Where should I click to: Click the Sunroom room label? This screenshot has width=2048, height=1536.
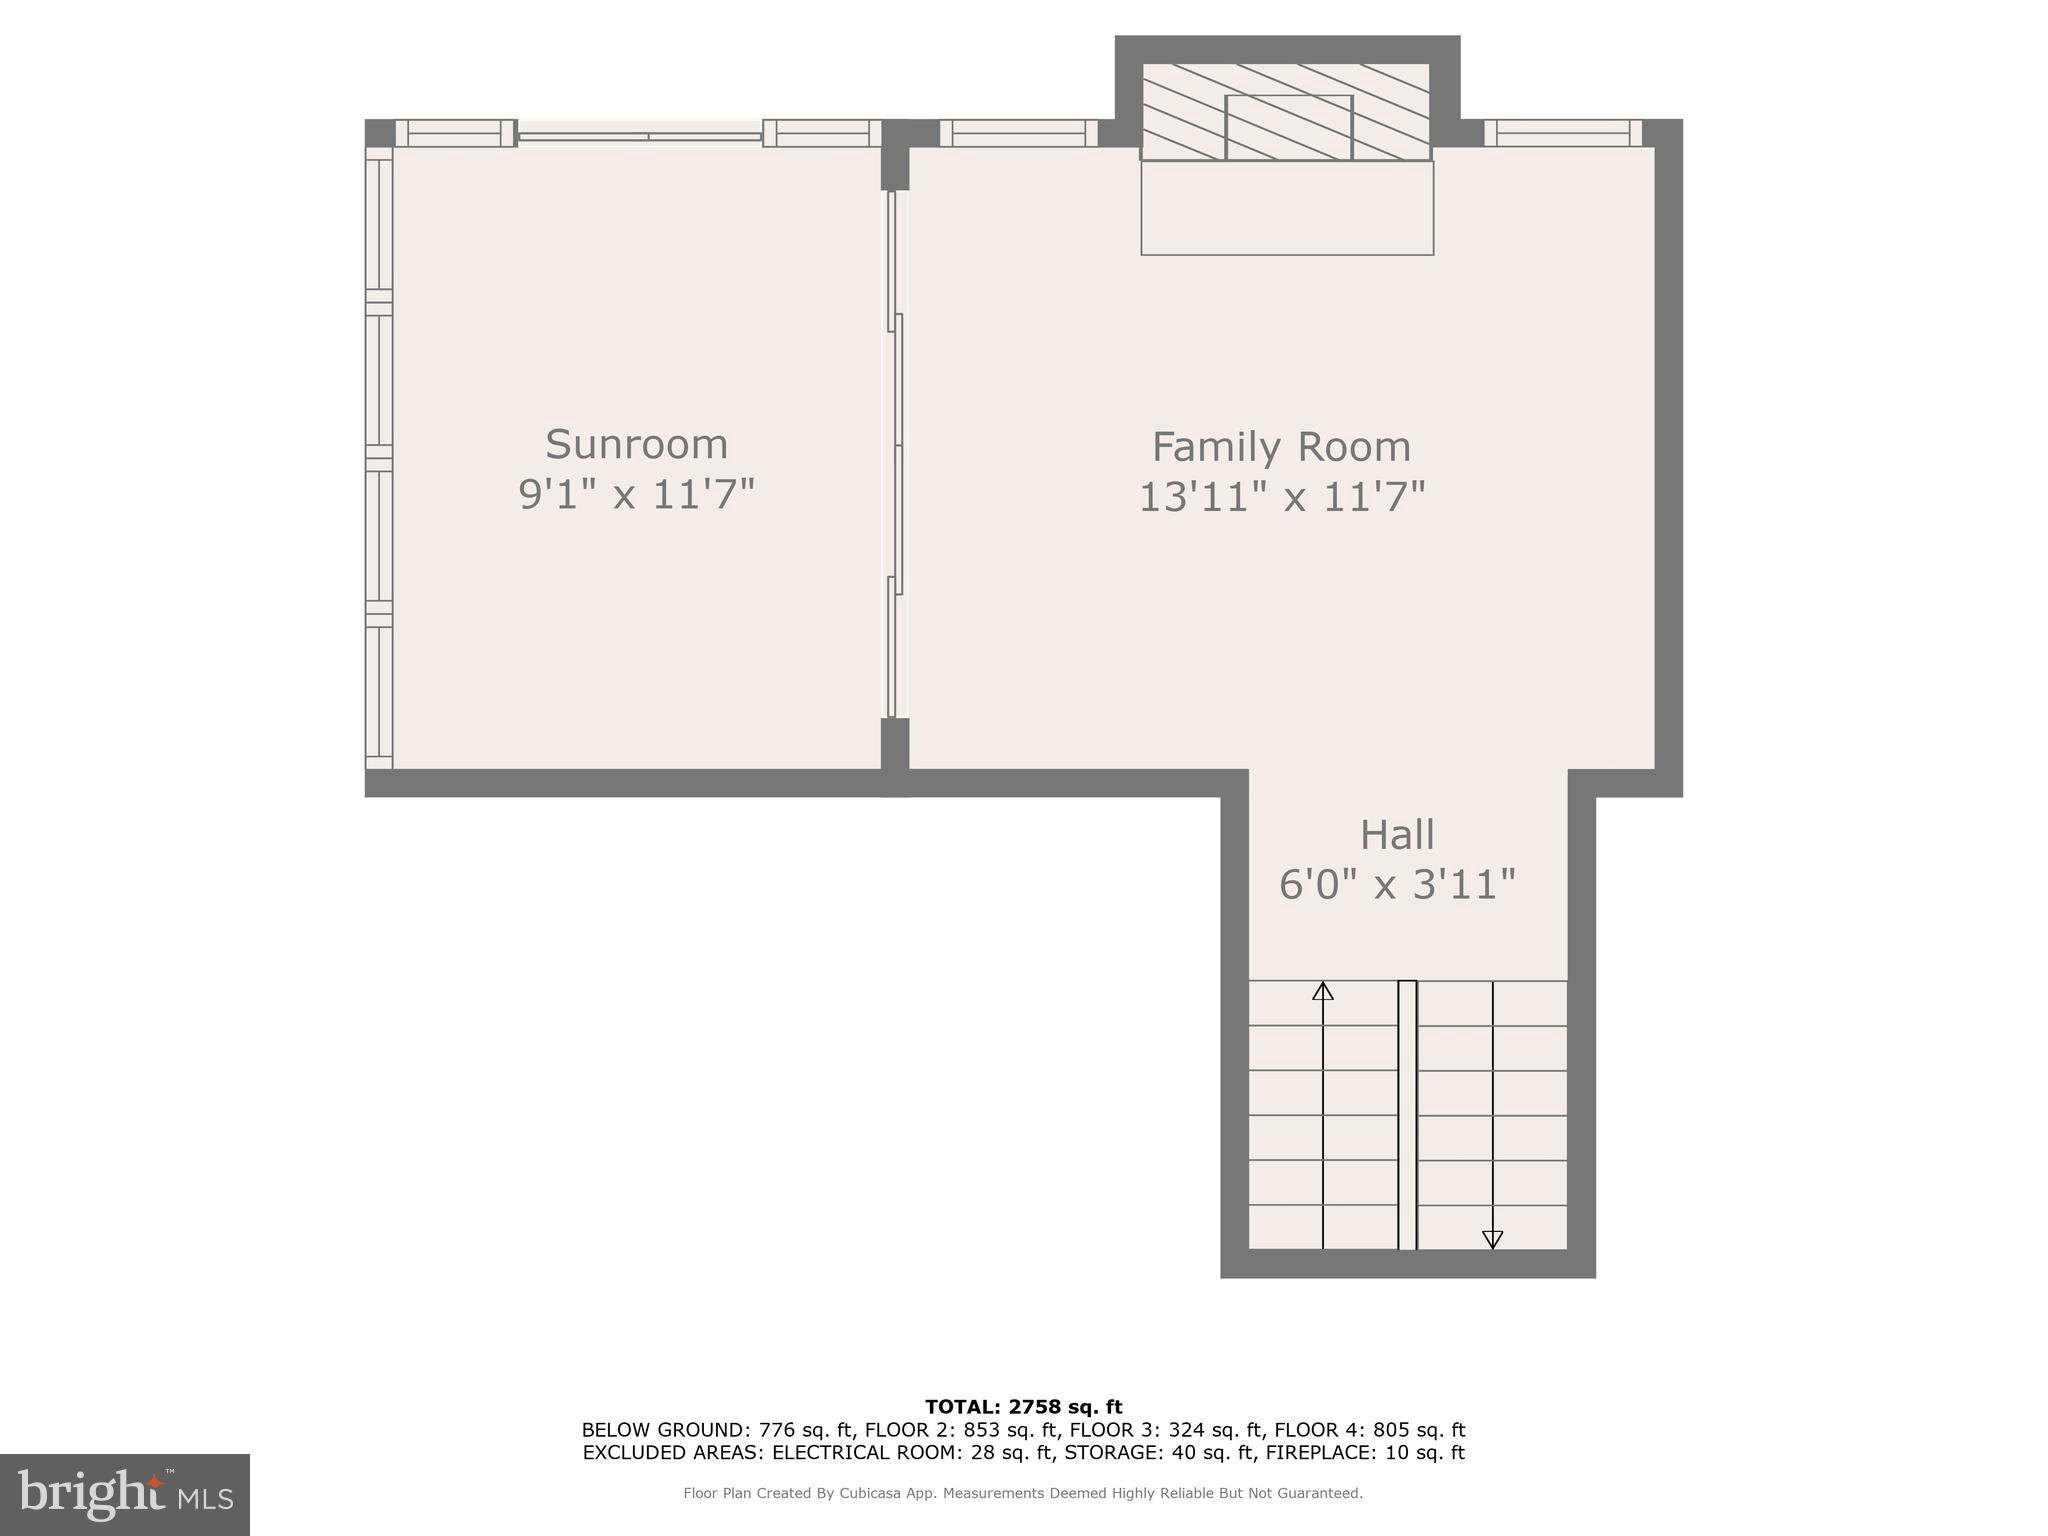click(x=636, y=444)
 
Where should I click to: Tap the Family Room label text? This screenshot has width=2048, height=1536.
click(x=1281, y=447)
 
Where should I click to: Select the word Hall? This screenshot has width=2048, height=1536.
click(x=1397, y=835)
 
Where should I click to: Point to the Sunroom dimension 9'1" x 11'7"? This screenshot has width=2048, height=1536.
click(x=636, y=494)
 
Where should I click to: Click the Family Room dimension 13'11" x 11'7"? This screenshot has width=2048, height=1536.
click(x=1281, y=497)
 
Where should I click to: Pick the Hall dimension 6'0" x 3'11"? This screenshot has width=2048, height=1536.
click(x=1397, y=884)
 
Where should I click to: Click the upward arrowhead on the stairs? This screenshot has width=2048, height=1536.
click(x=1323, y=991)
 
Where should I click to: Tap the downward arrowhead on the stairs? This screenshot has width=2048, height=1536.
click(x=1492, y=1239)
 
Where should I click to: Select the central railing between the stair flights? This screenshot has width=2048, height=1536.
click(x=1407, y=1114)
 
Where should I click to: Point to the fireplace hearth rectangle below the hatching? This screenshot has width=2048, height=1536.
click(x=1287, y=208)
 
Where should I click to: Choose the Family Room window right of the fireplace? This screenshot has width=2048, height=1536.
click(x=1562, y=133)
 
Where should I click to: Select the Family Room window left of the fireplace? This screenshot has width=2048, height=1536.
click(x=1018, y=133)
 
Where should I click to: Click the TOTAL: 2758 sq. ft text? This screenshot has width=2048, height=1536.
click(x=1023, y=1407)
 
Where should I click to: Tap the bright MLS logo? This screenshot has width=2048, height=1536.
click(x=125, y=1494)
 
